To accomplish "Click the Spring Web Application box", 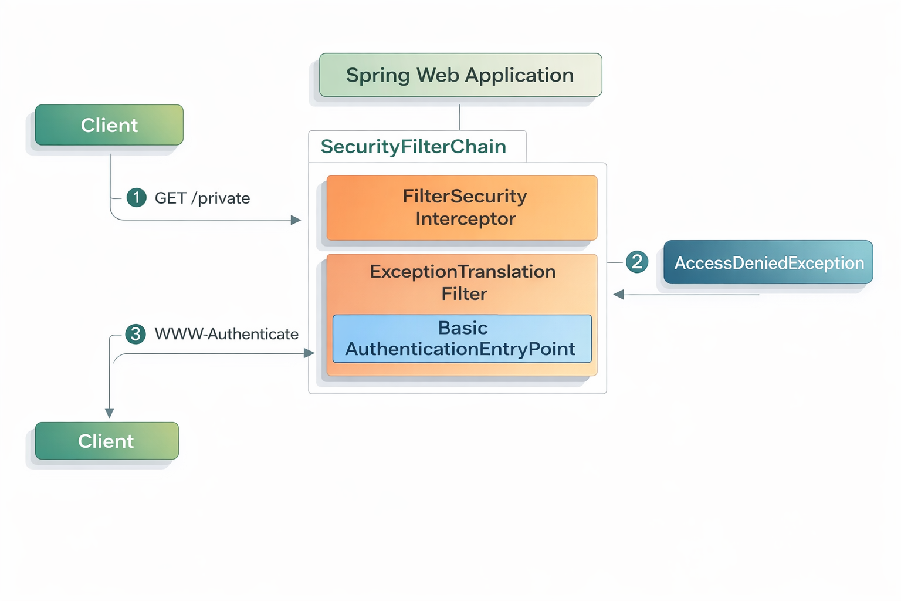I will pos(460,75).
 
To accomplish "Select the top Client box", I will pos(109,125).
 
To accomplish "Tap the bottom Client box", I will pos(107,441).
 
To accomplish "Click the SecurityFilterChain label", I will pos(414,147).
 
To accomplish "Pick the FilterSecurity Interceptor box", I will pos(462,208).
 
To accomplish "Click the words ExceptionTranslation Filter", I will pos(463,282).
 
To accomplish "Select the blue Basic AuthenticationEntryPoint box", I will pos(462,339).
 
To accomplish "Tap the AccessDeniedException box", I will pos(768,262).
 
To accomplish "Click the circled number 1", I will pos(137,197).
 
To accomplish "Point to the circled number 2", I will pos(637,262).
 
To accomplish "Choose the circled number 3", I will pos(136,334).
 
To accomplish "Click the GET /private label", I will pos(202,198).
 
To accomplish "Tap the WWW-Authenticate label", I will pos(226,334).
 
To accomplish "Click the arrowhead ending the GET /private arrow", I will pos(296,220).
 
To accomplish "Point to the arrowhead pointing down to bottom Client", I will pos(109,413).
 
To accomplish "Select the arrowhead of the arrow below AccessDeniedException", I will pos(618,295).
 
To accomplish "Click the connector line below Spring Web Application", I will pos(460,117).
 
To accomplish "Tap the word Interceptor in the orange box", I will pos(466,219).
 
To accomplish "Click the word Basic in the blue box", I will pos(463,327).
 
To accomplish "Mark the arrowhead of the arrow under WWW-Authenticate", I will pos(309,353).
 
